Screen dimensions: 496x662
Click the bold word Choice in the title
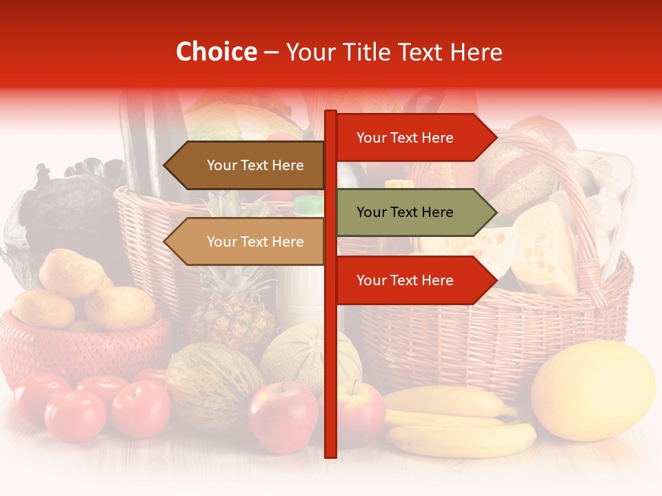point(216,52)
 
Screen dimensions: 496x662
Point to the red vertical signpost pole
point(331,372)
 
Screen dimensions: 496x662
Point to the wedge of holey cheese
point(545,248)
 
